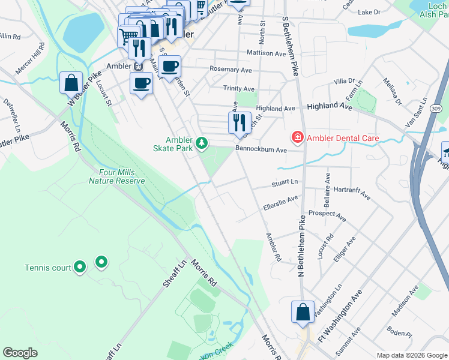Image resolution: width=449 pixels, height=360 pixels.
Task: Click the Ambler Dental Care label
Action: click(343, 138)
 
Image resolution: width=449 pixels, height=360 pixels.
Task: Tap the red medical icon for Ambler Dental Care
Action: click(297, 138)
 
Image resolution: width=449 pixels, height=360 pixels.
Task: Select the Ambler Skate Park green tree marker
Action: click(203, 142)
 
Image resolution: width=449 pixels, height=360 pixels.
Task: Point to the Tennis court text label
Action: click(48, 268)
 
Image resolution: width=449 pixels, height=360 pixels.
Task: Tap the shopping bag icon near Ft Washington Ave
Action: click(303, 313)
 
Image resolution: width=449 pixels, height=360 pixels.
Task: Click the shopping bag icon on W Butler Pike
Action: click(71, 82)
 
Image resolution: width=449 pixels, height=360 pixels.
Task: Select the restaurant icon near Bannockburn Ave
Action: click(240, 122)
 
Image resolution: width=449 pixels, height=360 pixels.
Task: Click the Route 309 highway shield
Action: click(436, 108)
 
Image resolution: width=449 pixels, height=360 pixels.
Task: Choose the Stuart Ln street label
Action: click(285, 181)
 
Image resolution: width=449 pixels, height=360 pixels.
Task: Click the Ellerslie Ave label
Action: click(280, 203)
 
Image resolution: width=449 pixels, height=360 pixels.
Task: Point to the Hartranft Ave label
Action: click(352, 193)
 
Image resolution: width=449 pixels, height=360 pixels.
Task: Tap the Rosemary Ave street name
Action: click(231, 70)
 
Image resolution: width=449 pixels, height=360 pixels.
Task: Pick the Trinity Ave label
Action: click(238, 89)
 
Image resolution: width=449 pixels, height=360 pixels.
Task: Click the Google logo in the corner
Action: click(20, 353)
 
